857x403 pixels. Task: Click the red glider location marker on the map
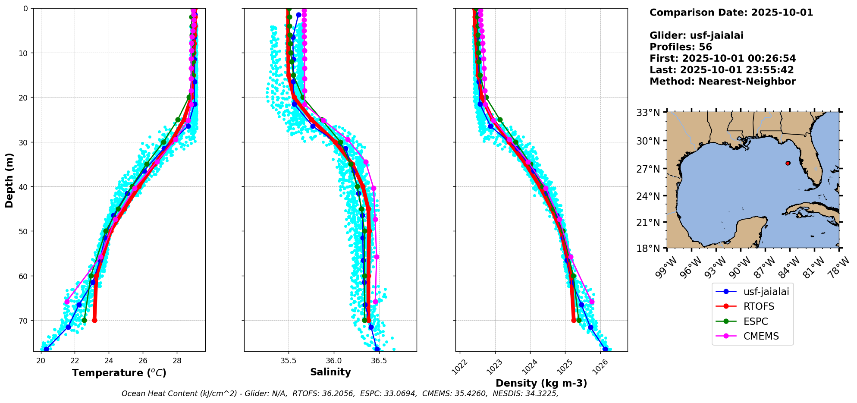[788, 163]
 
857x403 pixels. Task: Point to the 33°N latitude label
[648, 113]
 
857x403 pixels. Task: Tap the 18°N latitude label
[648, 249]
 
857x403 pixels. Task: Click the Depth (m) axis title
[9, 180]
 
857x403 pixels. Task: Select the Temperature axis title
[119, 373]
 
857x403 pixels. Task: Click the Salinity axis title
[330, 372]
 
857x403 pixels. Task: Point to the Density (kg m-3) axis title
[541, 383]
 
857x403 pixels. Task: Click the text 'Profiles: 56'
[681, 47]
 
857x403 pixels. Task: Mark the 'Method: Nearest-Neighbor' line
[722, 81]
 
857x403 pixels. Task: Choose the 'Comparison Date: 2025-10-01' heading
[731, 13]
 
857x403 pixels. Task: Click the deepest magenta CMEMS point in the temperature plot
[67, 302]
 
